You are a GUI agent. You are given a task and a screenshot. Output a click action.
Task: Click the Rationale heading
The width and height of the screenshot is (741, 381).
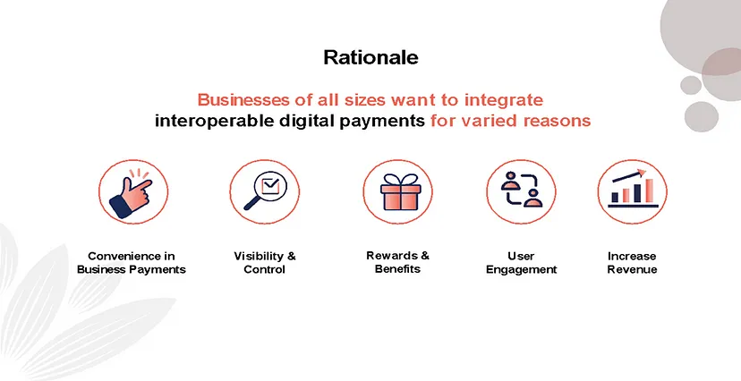[371, 57]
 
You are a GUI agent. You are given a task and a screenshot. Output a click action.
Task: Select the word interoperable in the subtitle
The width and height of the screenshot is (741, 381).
[214, 121]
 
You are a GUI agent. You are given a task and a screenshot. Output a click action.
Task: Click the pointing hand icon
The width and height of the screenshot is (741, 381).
[131, 193]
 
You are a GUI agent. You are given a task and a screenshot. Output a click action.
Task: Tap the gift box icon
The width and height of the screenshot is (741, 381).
[400, 191]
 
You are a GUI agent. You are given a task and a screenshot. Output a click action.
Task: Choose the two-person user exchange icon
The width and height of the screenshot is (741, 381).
[522, 190]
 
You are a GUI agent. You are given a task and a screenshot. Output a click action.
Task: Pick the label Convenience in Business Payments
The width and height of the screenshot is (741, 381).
[132, 263]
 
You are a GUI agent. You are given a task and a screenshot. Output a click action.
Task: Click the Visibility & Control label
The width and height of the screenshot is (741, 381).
[265, 263]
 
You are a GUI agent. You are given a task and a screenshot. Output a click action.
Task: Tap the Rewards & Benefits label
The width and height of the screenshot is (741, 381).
[398, 263]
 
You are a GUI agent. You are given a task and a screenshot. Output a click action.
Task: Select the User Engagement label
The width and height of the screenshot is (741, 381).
[521, 263]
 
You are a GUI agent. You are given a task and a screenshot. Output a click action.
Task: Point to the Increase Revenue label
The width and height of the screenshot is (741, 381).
[633, 263]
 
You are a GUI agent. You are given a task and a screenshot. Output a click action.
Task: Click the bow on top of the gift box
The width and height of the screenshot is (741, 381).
[400, 180]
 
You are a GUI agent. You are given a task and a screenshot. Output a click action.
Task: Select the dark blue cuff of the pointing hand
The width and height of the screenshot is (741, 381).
[120, 207]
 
